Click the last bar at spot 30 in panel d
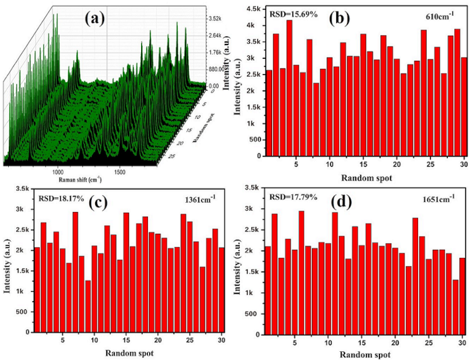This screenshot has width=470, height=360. coord(462,295)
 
